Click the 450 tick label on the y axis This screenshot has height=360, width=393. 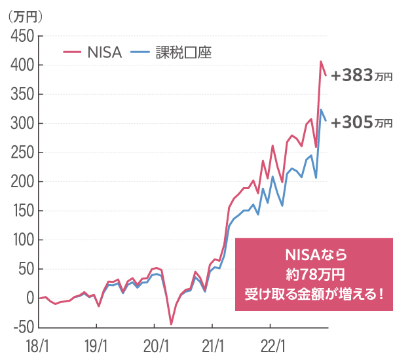point(22,37)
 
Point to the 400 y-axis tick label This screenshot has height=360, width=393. point(22,65)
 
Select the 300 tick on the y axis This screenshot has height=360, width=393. point(22,124)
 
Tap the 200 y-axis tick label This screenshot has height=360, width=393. point(22,182)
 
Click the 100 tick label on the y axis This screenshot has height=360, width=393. point(22,240)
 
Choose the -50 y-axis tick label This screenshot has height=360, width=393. point(22,327)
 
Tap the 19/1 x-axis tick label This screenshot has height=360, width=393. point(96,345)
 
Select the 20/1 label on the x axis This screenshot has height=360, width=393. point(154,345)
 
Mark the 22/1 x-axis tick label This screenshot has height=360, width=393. point(270,345)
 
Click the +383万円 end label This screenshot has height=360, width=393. point(361,77)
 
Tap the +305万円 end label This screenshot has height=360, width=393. point(361,122)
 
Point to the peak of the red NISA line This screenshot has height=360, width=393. point(321,62)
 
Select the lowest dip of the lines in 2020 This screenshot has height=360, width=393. point(171,324)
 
